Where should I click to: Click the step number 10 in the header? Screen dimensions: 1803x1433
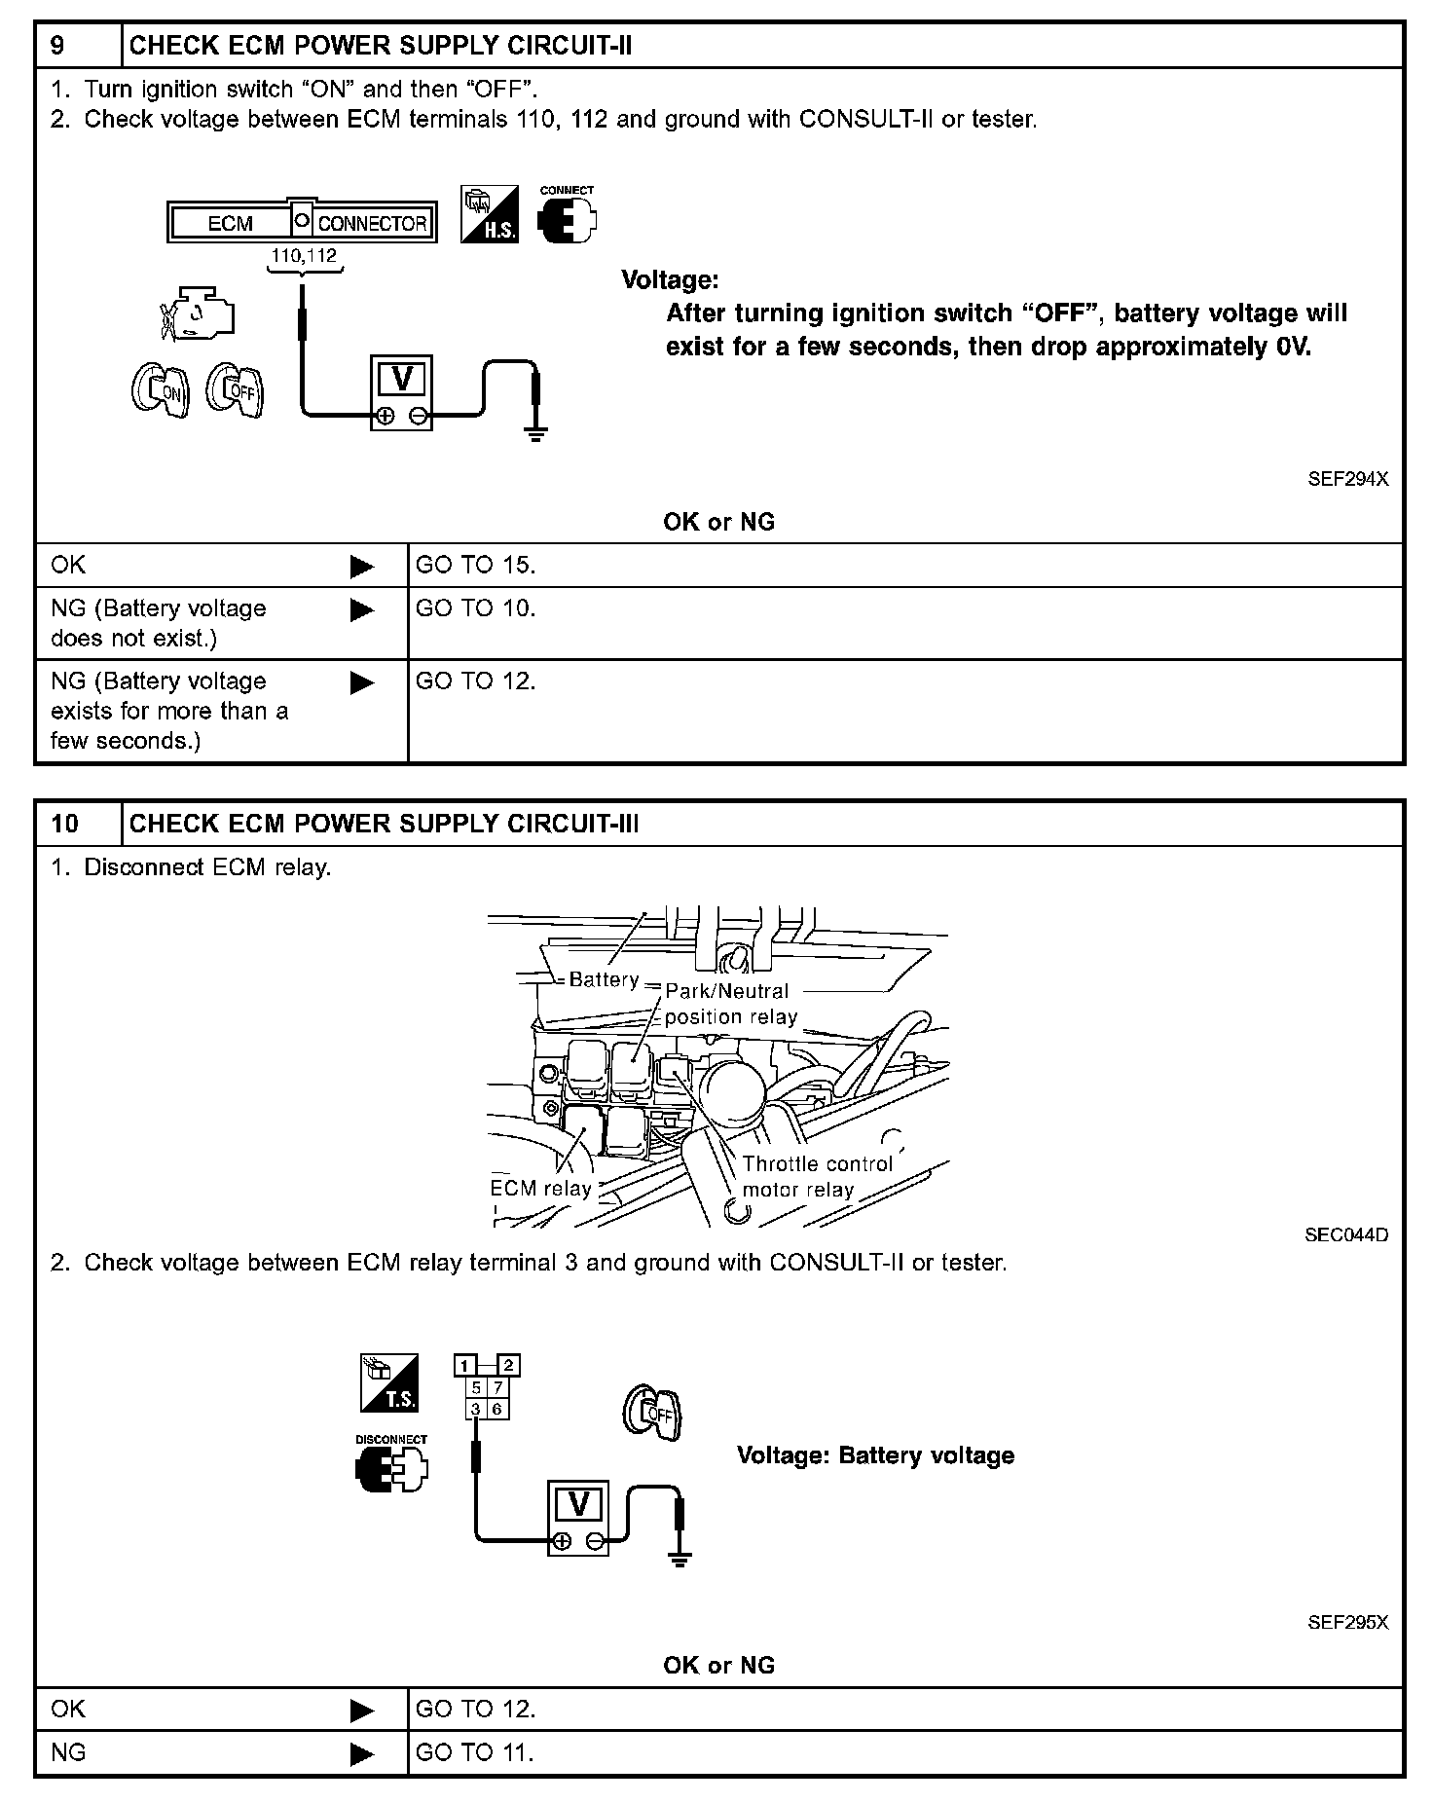[x=64, y=824]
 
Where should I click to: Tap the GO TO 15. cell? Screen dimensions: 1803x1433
[x=475, y=565]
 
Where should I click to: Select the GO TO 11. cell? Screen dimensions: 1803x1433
[x=475, y=1752]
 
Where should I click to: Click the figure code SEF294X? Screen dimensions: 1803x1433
[x=1347, y=479]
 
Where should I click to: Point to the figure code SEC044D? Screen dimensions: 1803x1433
[x=1346, y=1234]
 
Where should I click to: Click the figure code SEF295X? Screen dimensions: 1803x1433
[x=1347, y=1622]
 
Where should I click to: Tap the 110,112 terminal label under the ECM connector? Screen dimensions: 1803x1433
[x=304, y=256]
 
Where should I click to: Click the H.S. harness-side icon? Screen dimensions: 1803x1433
[x=489, y=214]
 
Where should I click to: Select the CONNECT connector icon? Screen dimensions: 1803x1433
[x=567, y=217]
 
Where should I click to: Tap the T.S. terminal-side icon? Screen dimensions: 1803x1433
[x=389, y=1383]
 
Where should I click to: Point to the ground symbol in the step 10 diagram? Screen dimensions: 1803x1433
[x=680, y=1559]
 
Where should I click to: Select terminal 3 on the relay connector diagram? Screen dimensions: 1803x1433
[x=476, y=1409]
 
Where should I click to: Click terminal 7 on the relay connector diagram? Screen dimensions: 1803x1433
[x=497, y=1387]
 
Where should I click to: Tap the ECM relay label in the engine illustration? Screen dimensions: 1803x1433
[x=540, y=1189]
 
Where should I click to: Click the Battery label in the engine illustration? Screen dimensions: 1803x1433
[x=604, y=979]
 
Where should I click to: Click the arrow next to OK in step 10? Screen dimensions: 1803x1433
[x=361, y=1710]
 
